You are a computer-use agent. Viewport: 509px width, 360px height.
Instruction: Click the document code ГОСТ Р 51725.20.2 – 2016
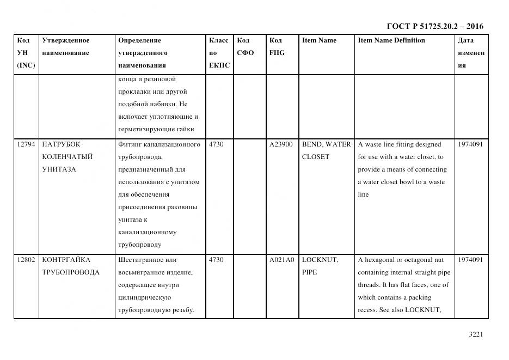(434, 26)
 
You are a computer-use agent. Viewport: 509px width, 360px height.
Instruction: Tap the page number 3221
(476, 334)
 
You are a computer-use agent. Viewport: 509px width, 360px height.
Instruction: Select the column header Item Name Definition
(391, 40)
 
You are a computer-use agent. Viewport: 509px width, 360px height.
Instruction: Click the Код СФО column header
(245, 47)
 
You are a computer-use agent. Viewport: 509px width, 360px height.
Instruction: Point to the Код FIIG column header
(277, 47)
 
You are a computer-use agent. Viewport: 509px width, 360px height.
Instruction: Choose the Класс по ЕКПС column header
(219, 53)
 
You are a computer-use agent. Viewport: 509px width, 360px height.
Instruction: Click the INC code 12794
(26, 144)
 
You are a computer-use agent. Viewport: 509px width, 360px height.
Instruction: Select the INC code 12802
(26, 260)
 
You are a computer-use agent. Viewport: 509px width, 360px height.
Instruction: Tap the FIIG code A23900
(281, 144)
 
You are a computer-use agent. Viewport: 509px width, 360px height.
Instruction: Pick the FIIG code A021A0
(281, 260)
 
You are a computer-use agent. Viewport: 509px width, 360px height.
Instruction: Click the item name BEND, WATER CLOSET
(326, 150)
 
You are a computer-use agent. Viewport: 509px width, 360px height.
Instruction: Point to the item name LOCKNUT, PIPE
(320, 266)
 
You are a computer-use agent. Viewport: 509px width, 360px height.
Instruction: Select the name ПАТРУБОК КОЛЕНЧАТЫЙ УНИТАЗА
(67, 157)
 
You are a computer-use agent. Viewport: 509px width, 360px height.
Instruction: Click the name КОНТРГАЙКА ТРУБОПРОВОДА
(70, 266)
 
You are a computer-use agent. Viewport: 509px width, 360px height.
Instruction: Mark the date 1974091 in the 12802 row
(470, 260)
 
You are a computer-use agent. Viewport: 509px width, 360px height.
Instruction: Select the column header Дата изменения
(470, 53)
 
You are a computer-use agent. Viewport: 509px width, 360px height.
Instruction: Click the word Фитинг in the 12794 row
(129, 144)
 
